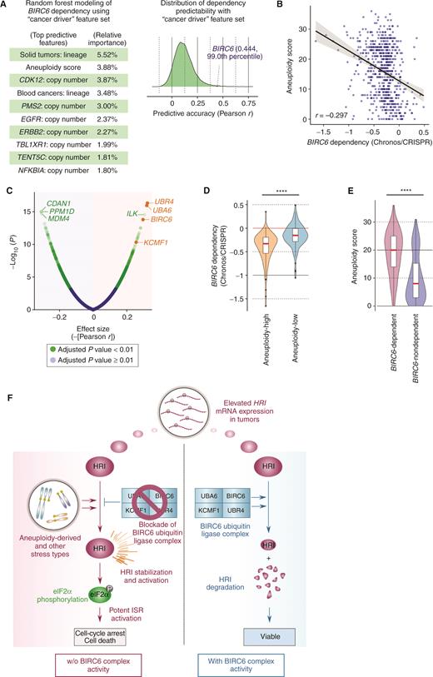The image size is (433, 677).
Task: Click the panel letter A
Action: click(x=7, y=7)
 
